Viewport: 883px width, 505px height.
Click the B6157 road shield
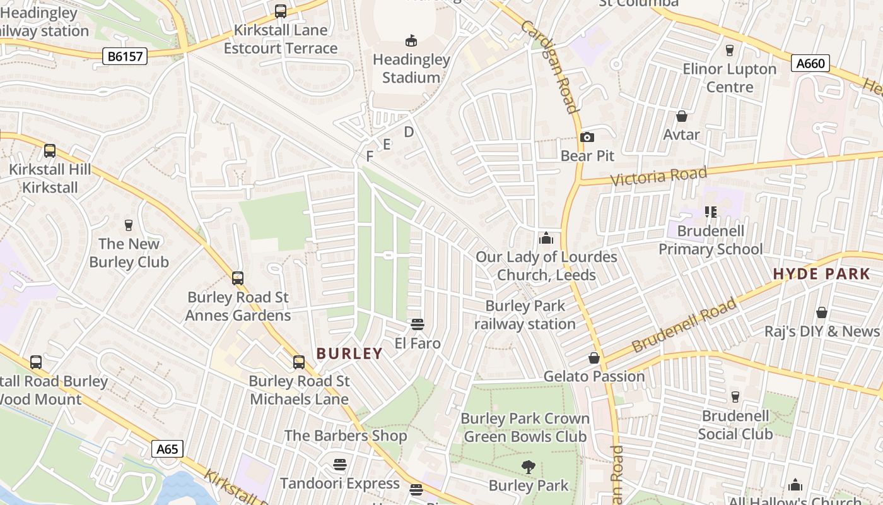click(125, 57)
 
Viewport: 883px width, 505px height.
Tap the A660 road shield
click(810, 63)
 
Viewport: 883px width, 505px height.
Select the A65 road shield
click(167, 449)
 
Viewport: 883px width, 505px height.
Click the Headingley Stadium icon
click(411, 41)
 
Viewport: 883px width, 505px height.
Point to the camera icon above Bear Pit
click(587, 137)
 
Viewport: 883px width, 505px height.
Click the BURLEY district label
click(349, 353)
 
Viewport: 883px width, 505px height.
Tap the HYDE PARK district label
click(821, 274)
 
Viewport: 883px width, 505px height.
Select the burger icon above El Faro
click(417, 324)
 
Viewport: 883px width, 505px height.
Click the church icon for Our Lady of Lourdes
click(546, 238)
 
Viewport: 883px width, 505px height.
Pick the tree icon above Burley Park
click(529, 467)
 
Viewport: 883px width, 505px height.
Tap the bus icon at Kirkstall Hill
click(49, 151)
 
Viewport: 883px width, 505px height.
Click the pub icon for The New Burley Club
click(129, 225)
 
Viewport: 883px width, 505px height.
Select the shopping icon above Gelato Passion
click(594, 358)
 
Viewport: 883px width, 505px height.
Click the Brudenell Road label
click(684, 325)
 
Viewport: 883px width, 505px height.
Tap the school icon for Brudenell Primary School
click(711, 212)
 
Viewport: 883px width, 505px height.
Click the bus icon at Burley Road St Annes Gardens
click(238, 278)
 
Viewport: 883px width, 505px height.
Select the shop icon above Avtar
click(682, 116)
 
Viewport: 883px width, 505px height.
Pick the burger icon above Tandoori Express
click(340, 465)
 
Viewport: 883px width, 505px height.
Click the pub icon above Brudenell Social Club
click(735, 397)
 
